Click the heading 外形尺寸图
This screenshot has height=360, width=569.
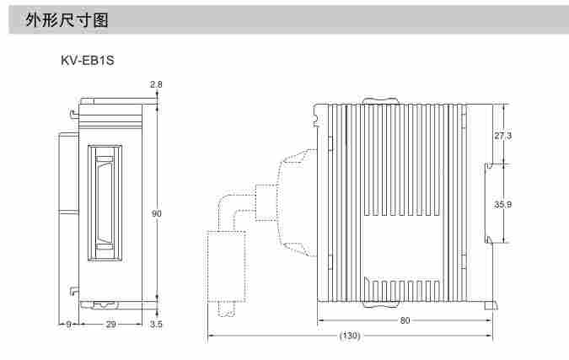coord(67,19)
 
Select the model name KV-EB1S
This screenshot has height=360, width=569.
coord(88,60)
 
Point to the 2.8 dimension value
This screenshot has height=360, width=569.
coord(156,84)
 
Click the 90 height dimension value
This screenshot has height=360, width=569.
coord(157,214)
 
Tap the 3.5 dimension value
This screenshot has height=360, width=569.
coord(156,324)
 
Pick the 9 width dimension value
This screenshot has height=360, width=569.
coord(68,324)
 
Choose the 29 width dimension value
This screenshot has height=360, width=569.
coord(110,324)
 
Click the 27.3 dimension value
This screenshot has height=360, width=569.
coord(503,136)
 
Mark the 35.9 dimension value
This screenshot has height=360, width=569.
coord(503,204)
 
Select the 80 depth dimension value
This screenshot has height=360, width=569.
coord(405,320)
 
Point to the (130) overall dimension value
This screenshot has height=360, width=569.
coord(350,336)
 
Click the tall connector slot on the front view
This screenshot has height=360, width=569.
coord(105,203)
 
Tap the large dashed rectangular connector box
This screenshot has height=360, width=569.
coord(227,266)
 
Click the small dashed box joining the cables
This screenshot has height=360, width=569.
coord(266,202)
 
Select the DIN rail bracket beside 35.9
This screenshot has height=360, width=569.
coord(489,203)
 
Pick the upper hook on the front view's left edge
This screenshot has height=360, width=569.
coord(74,115)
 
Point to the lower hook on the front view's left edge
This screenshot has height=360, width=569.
coord(74,291)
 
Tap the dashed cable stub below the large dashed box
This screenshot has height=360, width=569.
coord(227,309)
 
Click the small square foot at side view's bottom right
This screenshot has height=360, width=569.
coord(491,305)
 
